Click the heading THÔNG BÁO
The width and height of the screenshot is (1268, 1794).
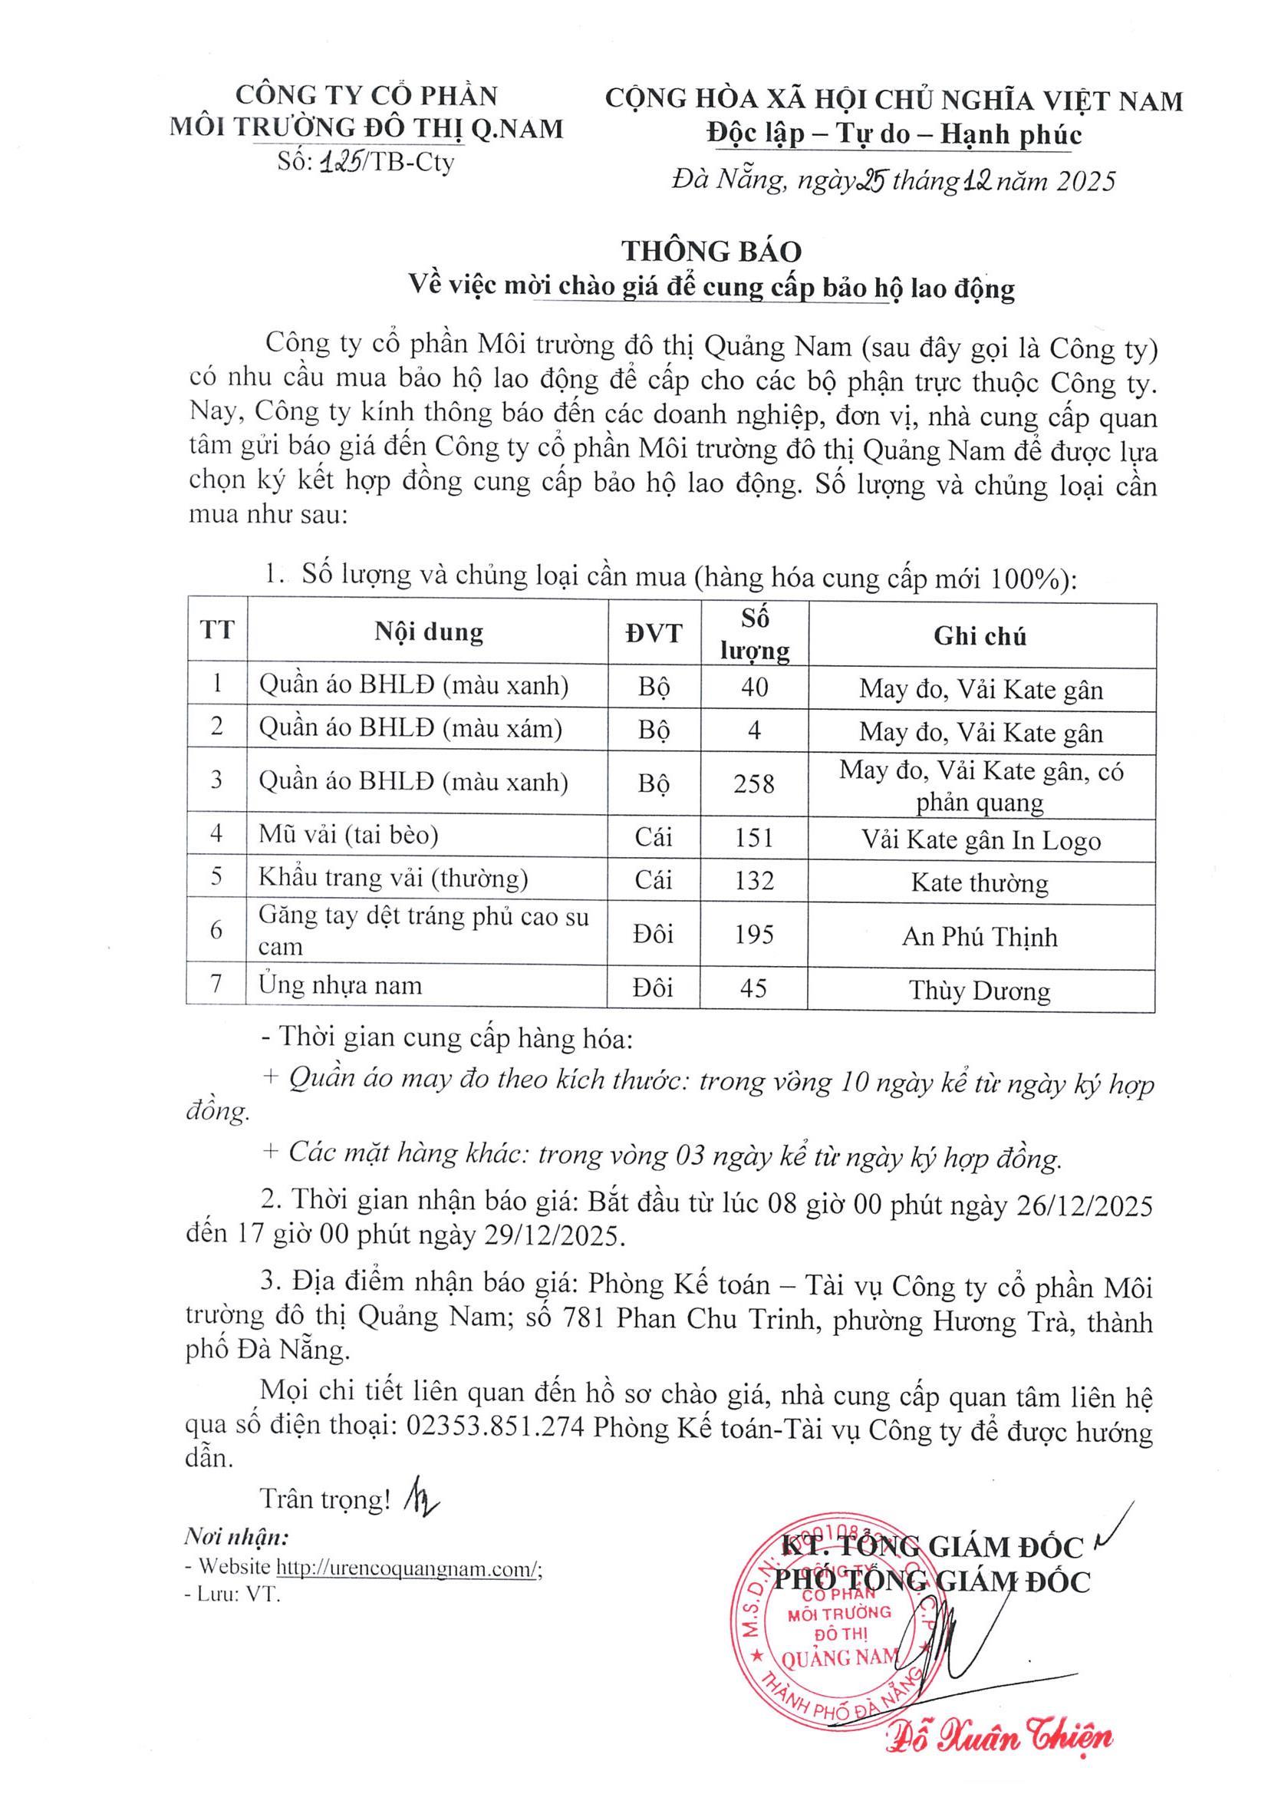click(x=711, y=251)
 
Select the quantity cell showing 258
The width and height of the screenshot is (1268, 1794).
click(x=753, y=783)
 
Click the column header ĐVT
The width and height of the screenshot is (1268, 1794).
click(x=653, y=632)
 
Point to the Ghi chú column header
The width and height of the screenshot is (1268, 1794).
click(x=980, y=636)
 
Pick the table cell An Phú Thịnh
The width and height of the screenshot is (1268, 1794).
click(x=980, y=936)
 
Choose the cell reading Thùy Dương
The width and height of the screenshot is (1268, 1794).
click(x=980, y=990)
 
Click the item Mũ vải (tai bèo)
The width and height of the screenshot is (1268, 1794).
click(x=348, y=836)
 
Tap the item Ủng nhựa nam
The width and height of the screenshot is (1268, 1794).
click(x=341, y=985)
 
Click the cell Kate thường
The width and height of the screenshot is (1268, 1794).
click(x=980, y=883)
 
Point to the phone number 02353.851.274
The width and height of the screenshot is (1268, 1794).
click(x=496, y=1427)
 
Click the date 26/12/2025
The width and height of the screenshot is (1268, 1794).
click(x=1083, y=1205)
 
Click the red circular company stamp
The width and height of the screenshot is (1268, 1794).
click(x=831, y=1625)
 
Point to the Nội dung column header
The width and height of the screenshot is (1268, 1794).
click(x=428, y=632)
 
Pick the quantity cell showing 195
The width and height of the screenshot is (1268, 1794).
click(x=753, y=935)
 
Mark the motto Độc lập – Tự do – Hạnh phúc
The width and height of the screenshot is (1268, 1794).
click(x=894, y=135)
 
